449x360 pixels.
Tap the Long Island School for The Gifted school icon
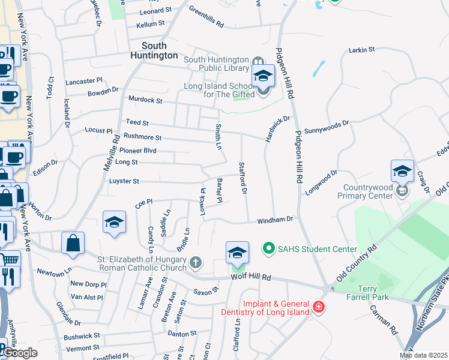pos(262,76)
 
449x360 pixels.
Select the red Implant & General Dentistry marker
pos(318,307)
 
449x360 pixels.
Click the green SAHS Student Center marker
pos(268,247)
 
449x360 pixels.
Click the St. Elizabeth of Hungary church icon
pos(196,262)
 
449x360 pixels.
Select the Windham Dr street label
pos(274,220)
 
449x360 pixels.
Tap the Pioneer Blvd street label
pos(137,151)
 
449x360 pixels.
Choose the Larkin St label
pos(361,50)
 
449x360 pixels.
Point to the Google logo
pos(19,353)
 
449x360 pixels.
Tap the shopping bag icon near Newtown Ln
pos(73,242)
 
